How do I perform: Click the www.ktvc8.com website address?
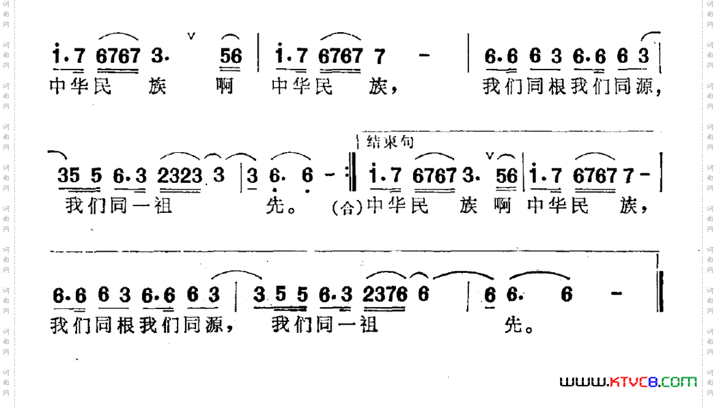(628, 381)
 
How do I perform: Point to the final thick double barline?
(659, 291)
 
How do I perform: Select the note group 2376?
(386, 295)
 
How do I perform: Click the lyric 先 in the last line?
(514, 325)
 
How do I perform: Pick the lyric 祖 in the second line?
(163, 205)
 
